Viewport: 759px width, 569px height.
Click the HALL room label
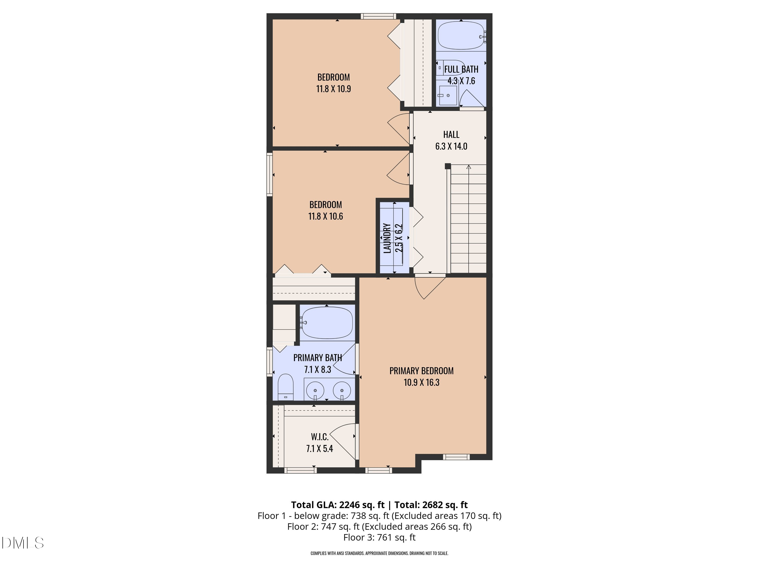click(x=451, y=135)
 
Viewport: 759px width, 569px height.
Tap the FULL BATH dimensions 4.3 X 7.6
click(x=461, y=81)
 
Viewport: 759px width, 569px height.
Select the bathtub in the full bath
click(x=460, y=36)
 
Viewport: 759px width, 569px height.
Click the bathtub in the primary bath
click(x=327, y=323)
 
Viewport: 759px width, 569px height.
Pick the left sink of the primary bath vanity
click(x=315, y=390)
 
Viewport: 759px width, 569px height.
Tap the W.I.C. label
click(x=320, y=437)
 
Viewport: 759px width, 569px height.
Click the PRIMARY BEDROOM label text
click(x=421, y=371)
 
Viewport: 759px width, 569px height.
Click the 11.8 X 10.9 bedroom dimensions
click(x=333, y=89)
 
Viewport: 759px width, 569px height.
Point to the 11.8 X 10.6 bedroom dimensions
click(x=325, y=216)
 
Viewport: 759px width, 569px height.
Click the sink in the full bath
click(x=448, y=95)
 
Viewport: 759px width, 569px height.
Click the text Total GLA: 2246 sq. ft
click(x=338, y=505)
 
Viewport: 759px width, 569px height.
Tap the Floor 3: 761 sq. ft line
click(x=379, y=537)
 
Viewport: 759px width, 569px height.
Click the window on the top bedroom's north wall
click(x=378, y=16)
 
